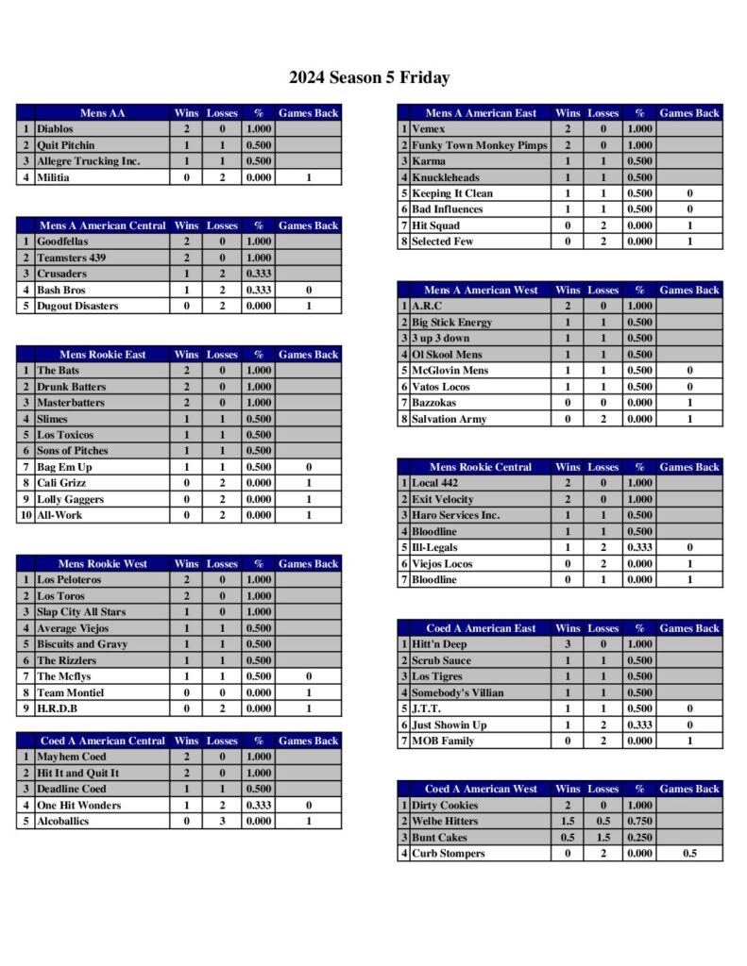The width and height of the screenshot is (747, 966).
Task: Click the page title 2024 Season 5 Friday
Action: click(369, 77)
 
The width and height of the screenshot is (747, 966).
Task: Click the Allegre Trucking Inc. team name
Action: click(88, 161)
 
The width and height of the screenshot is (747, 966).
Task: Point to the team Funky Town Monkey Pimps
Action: click(479, 145)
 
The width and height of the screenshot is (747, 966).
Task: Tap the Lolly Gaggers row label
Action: click(70, 499)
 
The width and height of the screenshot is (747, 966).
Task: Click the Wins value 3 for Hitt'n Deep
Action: click(568, 644)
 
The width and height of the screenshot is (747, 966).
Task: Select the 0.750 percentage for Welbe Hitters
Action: click(639, 822)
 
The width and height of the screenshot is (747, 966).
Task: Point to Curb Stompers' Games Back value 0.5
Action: click(689, 854)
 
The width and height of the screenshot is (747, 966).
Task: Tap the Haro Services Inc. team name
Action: click(455, 515)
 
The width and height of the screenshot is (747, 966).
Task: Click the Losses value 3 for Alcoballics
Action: click(222, 822)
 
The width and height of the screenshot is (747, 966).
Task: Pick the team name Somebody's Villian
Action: click(457, 692)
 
